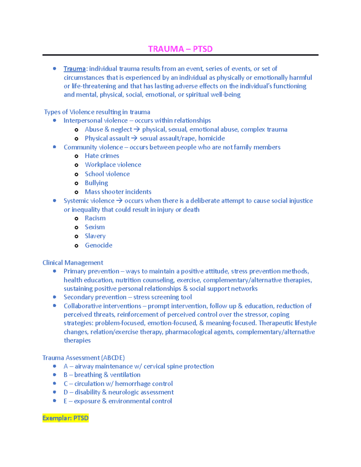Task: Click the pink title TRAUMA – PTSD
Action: pyautogui.click(x=180, y=49)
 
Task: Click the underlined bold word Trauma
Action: pyautogui.click(x=75, y=69)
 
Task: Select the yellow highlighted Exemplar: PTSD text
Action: pyautogui.click(x=66, y=418)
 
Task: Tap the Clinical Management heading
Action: pyautogui.click(x=73, y=263)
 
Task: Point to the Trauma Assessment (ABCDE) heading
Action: pyautogui.click(x=83, y=358)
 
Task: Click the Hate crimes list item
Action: pyautogui.click(x=102, y=156)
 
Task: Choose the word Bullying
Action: pyautogui.click(x=96, y=183)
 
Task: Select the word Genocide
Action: pyautogui.click(x=98, y=245)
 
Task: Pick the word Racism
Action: pyautogui.click(x=95, y=218)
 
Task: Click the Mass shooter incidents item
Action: pyautogui.click(x=118, y=192)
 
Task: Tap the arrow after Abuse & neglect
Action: pyautogui.click(x=137, y=130)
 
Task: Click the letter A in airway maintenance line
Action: pyautogui.click(x=66, y=366)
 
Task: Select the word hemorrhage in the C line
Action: pyautogui.click(x=129, y=384)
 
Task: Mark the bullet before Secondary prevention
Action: pyautogui.click(x=54, y=297)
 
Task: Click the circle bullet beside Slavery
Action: pyautogui.click(x=76, y=236)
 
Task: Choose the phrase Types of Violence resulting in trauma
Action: pyautogui.click(x=97, y=112)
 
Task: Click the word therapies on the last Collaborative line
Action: pyautogui.click(x=77, y=340)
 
